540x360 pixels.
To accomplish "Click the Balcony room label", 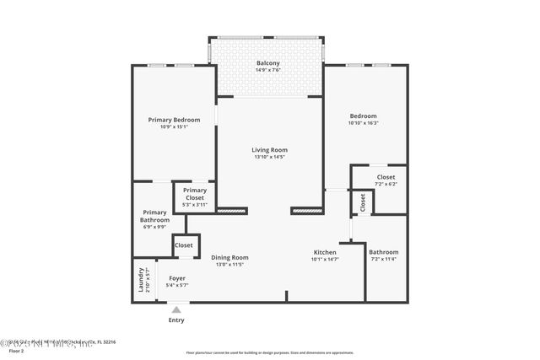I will click(268, 63).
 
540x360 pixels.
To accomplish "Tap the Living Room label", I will click(269, 150).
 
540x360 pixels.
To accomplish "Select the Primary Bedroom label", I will click(174, 120).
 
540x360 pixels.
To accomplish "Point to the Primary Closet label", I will click(195, 191).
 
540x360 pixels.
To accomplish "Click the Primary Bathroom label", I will click(154, 216).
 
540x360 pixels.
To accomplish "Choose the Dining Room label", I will click(229, 257).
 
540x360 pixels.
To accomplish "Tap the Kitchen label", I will click(325, 252).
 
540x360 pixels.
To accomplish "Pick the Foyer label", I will click(177, 277).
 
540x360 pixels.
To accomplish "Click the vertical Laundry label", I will click(140, 279).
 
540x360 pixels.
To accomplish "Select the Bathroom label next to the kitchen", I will click(383, 251).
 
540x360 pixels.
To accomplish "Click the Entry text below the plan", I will click(176, 320).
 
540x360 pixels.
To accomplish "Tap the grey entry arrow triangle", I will click(176, 309).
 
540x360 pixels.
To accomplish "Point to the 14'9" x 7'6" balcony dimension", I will click(268, 70).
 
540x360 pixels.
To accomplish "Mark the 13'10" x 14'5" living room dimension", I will click(269, 157).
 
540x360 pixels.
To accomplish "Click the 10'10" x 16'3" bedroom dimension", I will click(363, 123).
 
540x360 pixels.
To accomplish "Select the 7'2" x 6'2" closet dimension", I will click(386, 184).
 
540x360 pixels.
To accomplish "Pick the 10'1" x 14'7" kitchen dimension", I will click(325, 259).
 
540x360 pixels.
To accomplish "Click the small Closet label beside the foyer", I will click(183, 245).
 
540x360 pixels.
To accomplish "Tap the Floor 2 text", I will click(16, 350).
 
